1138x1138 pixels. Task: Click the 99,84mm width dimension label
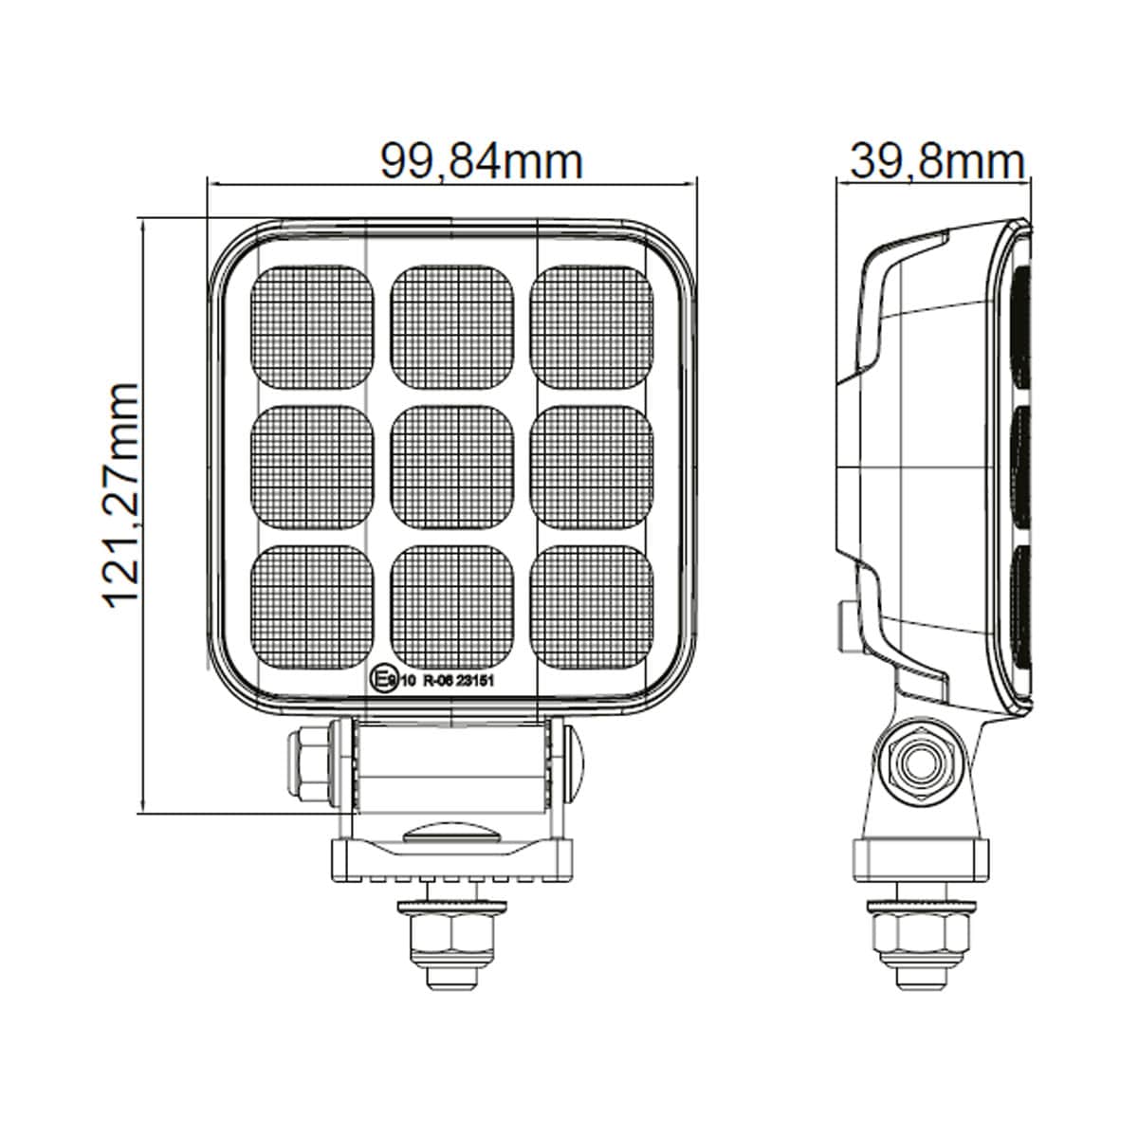pos(481,161)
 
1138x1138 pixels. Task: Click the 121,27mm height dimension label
pos(120,495)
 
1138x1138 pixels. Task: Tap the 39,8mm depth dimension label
pos(937,161)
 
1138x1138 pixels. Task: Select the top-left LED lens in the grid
pos(310,325)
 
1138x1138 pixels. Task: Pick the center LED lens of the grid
pos(451,467)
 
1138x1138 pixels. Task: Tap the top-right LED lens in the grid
pos(592,325)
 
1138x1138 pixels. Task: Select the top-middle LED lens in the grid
pos(451,325)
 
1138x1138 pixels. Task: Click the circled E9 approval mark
pos(382,679)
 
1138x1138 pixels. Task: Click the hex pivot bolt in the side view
pos(918,764)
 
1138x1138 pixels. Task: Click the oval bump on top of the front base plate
pos(451,833)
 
